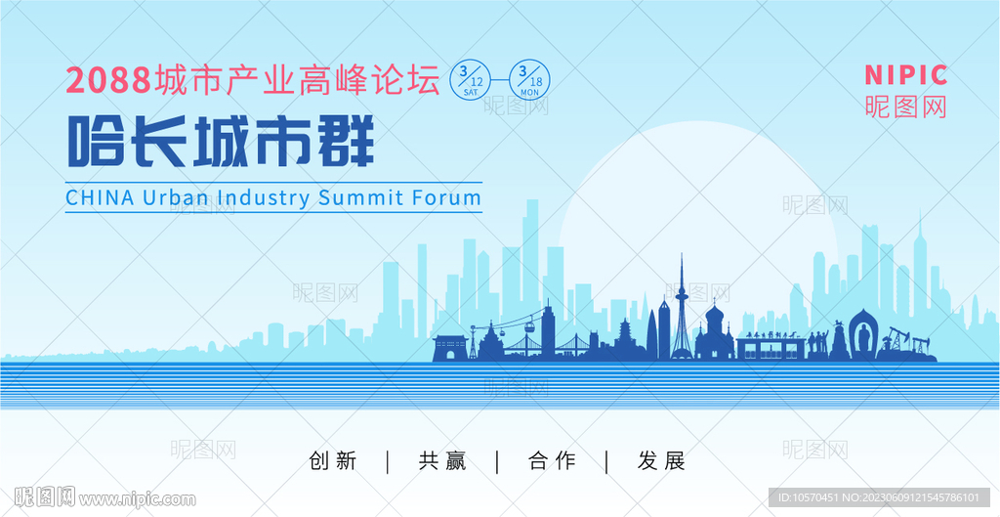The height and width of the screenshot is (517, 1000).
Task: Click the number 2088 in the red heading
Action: coord(108,81)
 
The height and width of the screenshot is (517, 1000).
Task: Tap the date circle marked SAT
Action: coord(471,79)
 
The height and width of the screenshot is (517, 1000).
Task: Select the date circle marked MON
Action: coord(528,79)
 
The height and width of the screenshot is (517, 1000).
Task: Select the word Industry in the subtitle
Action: coord(264,197)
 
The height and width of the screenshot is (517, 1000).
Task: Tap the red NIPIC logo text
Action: coord(905,74)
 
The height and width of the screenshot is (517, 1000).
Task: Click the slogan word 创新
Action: coord(333,460)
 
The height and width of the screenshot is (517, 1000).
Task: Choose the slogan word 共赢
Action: coord(442,460)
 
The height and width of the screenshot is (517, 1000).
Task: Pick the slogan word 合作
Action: coord(552,460)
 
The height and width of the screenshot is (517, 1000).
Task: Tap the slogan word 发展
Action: coord(662,460)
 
